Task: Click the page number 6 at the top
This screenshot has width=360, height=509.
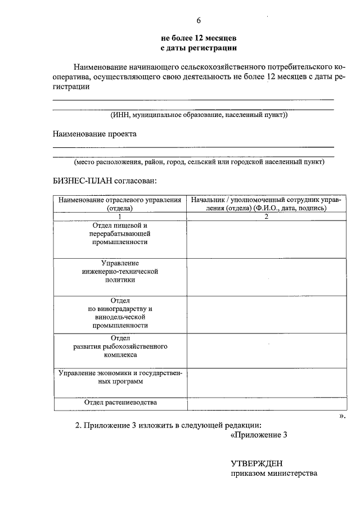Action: coord(199,21)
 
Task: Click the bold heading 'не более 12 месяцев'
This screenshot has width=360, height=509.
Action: coord(199,38)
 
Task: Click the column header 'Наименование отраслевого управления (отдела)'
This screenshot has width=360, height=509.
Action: coord(120,204)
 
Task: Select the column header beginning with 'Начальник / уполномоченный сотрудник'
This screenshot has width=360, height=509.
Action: coord(267,204)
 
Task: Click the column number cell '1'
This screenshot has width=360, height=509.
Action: coord(120,216)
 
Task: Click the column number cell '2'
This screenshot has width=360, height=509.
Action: coord(267,216)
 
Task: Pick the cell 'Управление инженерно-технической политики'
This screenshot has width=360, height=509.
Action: coord(120,271)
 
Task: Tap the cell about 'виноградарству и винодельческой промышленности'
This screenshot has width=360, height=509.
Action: coord(120,313)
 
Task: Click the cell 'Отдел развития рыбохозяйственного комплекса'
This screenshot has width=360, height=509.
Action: coord(120,346)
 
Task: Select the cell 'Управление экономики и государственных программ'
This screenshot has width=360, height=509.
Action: coord(120,377)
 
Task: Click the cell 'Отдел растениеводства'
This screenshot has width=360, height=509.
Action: coord(120,403)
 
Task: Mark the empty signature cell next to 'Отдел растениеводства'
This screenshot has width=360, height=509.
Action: coord(267,403)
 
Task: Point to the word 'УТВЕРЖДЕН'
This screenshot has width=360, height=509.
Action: coord(256,463)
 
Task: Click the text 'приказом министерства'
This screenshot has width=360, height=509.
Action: coord(274,474)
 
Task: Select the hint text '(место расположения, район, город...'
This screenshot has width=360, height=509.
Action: coord(199,162)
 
